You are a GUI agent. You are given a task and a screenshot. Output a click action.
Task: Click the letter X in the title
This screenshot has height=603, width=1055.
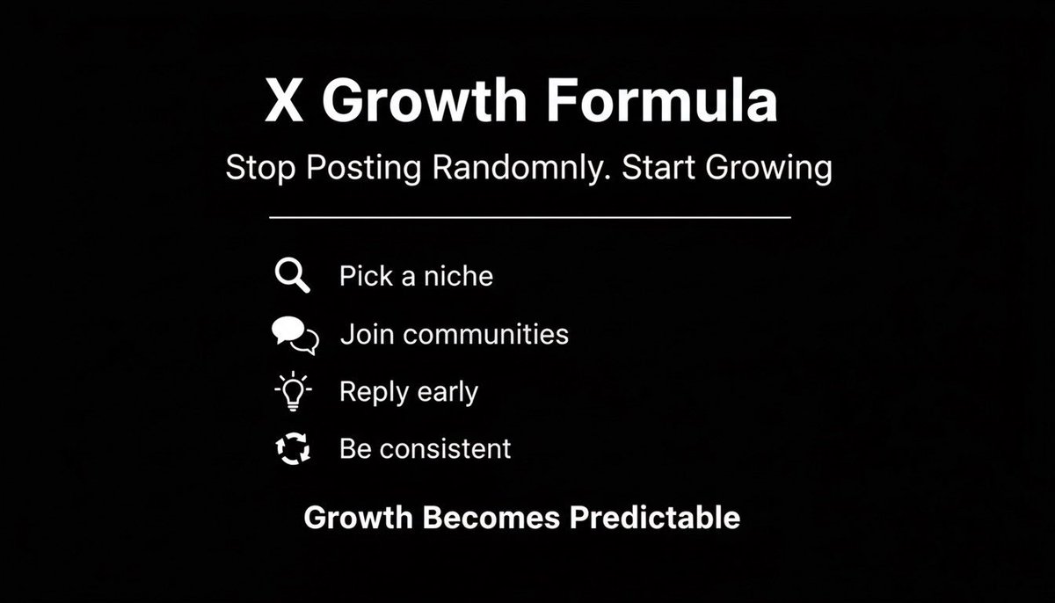pos(285,102)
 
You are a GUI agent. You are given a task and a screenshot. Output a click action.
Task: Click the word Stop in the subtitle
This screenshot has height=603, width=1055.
pos(260,169)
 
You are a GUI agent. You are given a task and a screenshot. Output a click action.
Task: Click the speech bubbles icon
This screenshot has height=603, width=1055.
pos(295,335)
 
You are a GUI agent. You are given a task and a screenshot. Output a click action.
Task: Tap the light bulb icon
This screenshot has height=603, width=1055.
pos(293,392)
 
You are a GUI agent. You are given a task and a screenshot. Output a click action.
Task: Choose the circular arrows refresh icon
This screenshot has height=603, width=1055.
pos(293,449)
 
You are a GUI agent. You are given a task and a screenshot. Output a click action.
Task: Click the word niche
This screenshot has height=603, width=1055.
pos(459,277)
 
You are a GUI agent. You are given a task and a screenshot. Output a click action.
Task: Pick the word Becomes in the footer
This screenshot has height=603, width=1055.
pos(491,517)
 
